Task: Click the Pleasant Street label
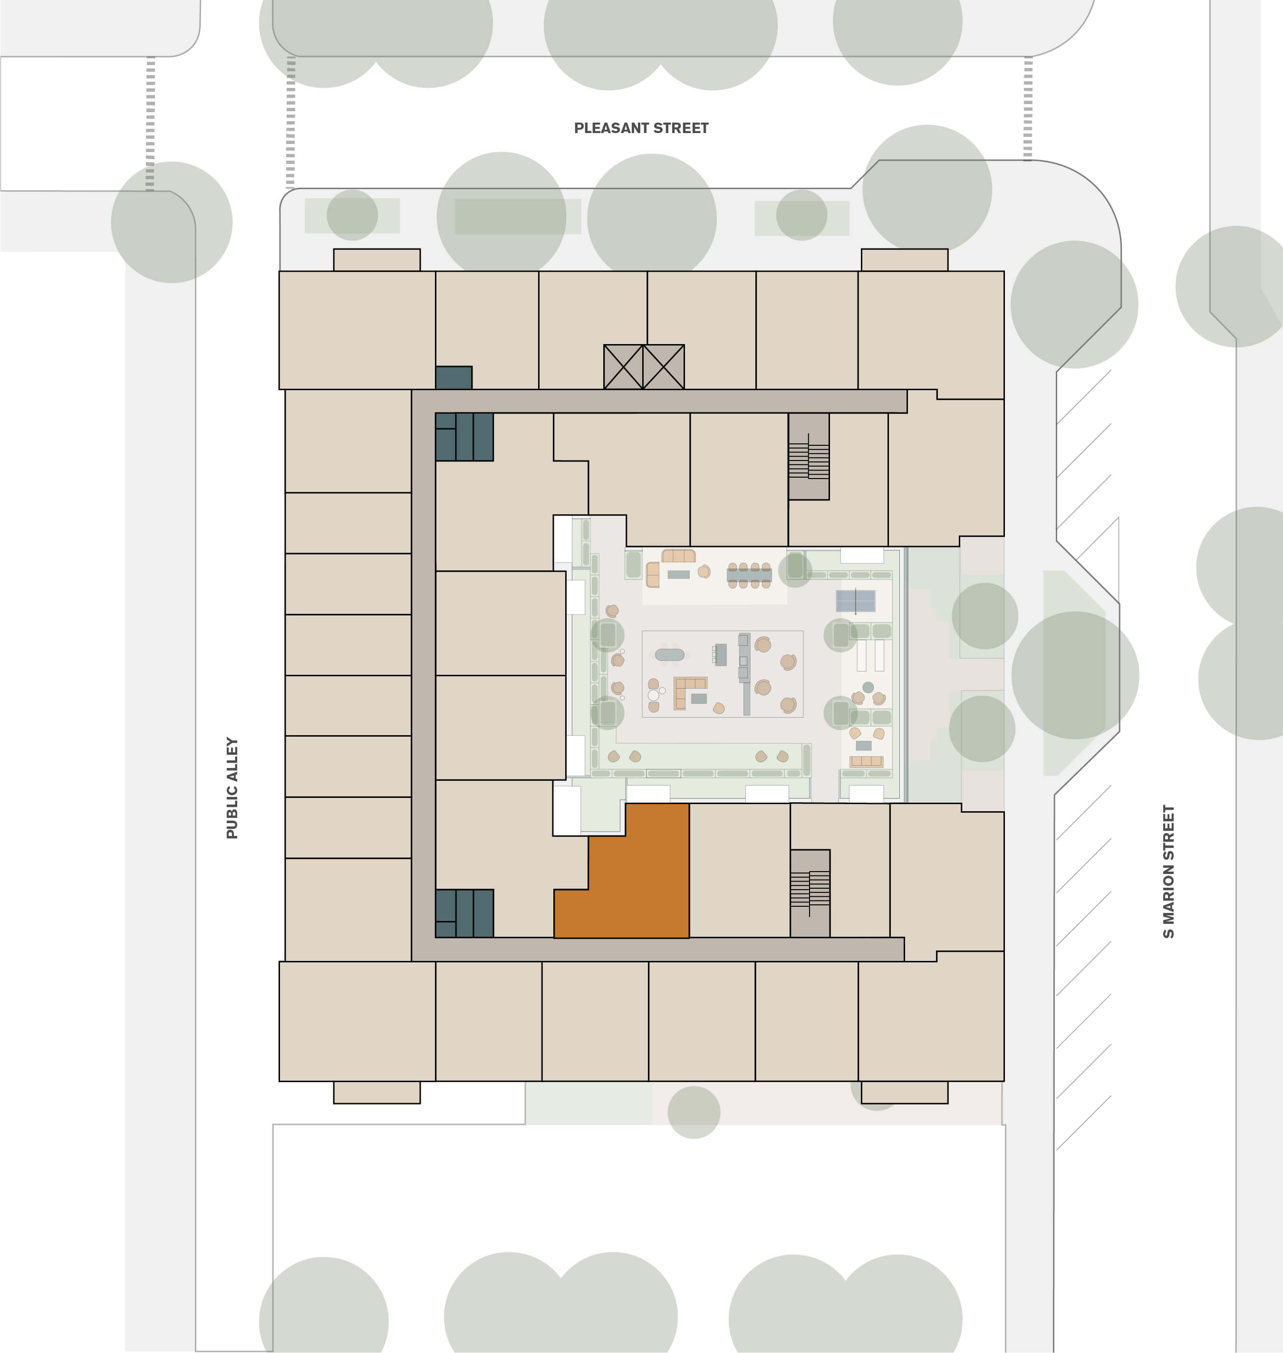click(641, 128)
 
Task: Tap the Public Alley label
click(232, 787)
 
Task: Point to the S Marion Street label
click(1168, 872)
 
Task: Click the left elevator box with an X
click(623, 367)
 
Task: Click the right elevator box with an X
click(664, 367)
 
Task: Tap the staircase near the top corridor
click(809, 457)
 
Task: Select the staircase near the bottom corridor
click(810, 893)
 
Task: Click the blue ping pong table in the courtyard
click(856, 601)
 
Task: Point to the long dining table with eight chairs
click(750, 575)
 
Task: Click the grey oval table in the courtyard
click(669, 655)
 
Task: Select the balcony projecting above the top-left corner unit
click(377, 260)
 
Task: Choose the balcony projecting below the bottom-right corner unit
click(904, 1092)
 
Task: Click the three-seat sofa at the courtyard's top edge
click(678, 555)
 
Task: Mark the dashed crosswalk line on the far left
click(151, 123)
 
